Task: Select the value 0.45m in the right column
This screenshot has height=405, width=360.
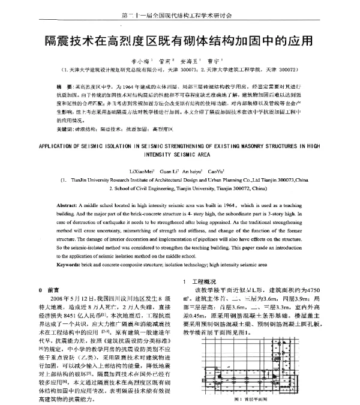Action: (203, 321)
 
